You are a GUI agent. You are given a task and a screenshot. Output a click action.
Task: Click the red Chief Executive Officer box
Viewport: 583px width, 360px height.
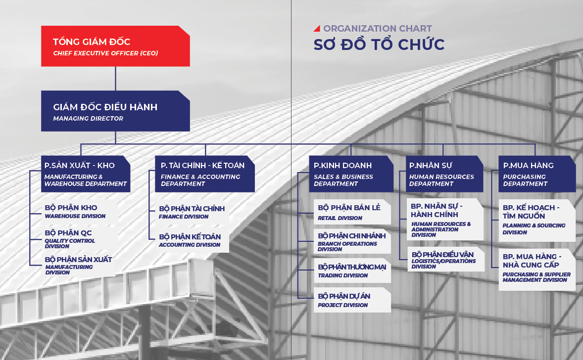(115, 46)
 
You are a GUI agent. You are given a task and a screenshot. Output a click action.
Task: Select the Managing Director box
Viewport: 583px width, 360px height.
(115, 111)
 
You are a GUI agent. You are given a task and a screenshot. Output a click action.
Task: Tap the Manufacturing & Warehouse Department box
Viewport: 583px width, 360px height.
(86, 174)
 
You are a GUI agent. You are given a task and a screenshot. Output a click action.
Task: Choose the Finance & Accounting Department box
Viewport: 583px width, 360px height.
(205, 174)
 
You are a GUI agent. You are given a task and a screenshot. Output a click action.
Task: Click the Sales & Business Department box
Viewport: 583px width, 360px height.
(351, 174)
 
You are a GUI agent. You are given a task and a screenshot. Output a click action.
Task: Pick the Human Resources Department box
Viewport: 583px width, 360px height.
(444, 174)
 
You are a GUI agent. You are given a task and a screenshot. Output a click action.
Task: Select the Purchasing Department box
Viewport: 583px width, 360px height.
(537, 174)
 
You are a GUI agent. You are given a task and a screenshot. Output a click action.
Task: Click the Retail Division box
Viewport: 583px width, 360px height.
(352, 212)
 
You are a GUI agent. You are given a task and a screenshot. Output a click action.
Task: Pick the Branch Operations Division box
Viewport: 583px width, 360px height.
(352, 241)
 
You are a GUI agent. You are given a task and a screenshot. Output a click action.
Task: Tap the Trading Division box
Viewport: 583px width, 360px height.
(352, 270)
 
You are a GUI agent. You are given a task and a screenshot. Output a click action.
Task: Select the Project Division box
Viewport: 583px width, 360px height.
(352, 300)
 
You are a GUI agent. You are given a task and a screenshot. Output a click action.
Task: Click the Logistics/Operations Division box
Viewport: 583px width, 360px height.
(446, 259)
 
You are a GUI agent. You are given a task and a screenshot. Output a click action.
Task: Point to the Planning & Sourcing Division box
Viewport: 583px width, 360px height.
(537, 221)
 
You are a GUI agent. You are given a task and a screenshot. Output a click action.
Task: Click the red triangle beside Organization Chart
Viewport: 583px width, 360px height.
(317, 29)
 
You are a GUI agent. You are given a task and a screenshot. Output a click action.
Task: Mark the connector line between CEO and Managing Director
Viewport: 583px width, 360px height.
(115, 79)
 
